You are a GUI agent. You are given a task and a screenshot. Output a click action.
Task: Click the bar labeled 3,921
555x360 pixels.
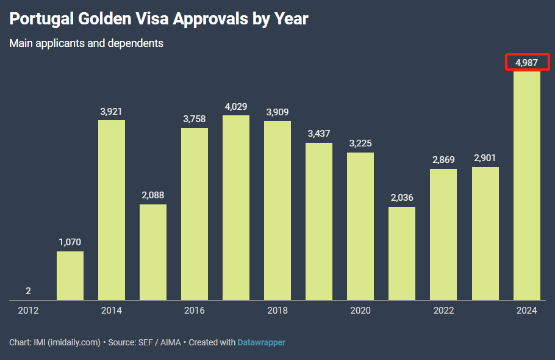click(x=112, y=210)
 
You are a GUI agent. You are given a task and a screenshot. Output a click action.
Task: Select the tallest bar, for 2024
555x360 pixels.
click(x=527, y=185)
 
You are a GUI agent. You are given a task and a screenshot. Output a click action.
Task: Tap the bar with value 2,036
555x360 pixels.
click(x=402, y=253)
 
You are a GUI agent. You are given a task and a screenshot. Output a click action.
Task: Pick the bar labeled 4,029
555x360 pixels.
click(x=236, y=207)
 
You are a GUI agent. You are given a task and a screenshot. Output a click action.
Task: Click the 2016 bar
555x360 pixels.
click(x=195, y=214)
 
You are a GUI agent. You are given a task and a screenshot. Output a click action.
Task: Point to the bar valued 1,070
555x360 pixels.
click(x=70, y=276)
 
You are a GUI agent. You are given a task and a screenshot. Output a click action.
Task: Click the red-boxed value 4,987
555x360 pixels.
click(x=527, y=62)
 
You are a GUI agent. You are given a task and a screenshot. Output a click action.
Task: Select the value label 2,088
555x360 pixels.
click(x=153, y=195)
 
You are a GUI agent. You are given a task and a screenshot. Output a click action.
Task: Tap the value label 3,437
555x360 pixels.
click(x=319, y=134)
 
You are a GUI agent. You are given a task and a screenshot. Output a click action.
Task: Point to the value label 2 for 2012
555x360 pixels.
click(x=29, y=291)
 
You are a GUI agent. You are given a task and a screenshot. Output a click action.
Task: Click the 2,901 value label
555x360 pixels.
click(x=485, y=158)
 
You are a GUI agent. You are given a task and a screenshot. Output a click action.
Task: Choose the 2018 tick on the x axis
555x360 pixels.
click(x=277, y=311)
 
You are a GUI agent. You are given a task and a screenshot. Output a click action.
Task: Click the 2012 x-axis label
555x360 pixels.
click(x=29, y=311)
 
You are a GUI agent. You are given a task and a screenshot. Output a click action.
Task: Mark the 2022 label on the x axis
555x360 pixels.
click(x=443, y=311)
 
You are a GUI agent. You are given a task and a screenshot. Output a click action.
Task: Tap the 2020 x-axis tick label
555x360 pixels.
click(x=360, y=311)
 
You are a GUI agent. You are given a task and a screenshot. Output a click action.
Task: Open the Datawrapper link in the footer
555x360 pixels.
click(x=262, y=342)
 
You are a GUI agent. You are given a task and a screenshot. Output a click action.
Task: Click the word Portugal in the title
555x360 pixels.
click(x=42, y=19)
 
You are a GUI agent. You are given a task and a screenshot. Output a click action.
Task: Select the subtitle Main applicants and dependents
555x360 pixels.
click(x=86, y=43)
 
